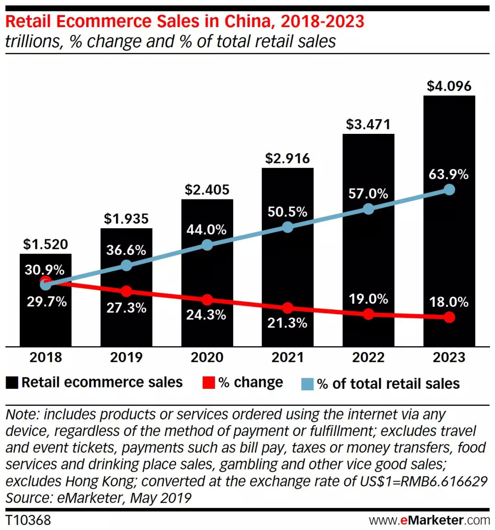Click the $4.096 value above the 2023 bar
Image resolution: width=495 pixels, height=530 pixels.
coord(449,86)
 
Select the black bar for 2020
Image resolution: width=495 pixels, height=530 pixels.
coord(207,275)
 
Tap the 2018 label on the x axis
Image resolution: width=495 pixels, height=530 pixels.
coord(45,358)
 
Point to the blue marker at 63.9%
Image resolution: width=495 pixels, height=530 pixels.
coord(450,189)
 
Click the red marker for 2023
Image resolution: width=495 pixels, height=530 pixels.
coord(450,317)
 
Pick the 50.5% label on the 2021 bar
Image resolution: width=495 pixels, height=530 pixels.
coord(287,212)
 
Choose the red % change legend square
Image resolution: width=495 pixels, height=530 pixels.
coord(209,383)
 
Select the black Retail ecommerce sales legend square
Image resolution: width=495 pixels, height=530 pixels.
coord(12,383)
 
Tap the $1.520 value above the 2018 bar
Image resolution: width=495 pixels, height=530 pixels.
coord(45,244)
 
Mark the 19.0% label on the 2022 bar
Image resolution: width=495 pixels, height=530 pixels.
coord(368,299)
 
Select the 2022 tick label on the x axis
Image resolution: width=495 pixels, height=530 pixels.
coord(368,358)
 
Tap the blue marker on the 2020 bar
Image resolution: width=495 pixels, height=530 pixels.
coord(207,245)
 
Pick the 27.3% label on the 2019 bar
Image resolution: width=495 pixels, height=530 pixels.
coord(126,308)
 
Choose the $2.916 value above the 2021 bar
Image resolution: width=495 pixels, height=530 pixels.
coord(287,159)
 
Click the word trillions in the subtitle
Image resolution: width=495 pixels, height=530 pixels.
coord(32,42)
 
